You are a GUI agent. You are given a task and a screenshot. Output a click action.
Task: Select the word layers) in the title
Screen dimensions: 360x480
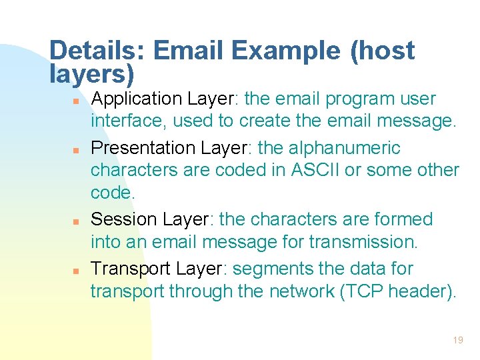[92, 73]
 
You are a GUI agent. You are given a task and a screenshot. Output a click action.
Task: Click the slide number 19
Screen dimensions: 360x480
[457, 340]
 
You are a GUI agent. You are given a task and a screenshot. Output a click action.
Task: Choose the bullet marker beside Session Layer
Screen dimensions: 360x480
[77, 221]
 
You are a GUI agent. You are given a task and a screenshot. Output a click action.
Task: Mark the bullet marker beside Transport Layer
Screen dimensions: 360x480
[77, 271]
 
